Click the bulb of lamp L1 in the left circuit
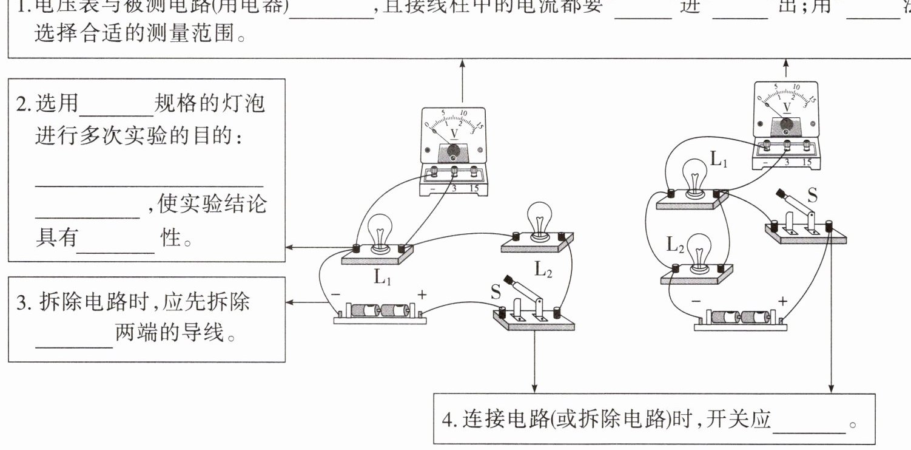point(379,230)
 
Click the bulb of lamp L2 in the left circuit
point(538,216)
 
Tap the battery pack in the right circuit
point(741,318)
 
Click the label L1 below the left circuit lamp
point(382,278)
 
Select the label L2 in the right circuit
point(675,245)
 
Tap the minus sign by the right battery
point(696,301)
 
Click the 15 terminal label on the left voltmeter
point(474,188)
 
